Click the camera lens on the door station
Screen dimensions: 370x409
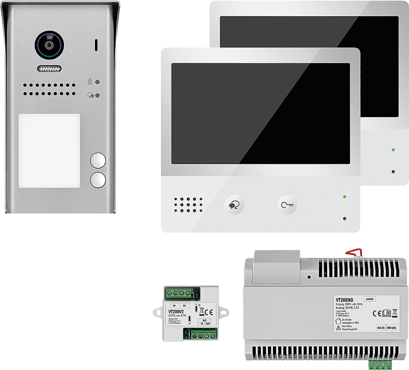49,45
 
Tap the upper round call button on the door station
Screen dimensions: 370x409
98,161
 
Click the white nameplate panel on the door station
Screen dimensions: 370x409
49,150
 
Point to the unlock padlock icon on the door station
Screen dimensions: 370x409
90,82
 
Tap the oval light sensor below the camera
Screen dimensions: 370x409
49,69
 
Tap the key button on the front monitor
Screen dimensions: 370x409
287,205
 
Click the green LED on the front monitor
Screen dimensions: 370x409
344,197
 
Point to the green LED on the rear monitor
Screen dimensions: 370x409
393,150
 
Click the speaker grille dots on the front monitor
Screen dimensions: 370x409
188,205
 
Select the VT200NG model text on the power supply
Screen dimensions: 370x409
344,300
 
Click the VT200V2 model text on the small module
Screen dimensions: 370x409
176,312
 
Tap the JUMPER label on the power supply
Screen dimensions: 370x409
369,299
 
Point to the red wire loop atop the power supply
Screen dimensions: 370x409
352,252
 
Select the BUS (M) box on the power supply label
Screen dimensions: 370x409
391,328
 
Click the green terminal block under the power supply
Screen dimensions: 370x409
380,364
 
